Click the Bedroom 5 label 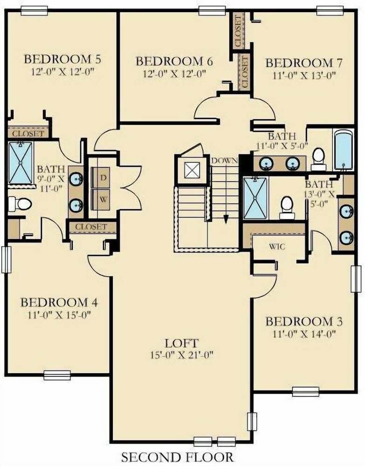pos(62,59)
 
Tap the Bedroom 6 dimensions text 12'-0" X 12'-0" pos(174,74)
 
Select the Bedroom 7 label pos(304,63)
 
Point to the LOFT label pos(182,343)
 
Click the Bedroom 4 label pos(59,302)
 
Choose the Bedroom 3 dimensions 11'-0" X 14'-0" pos(304,334)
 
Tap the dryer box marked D pos(101,178)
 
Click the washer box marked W pos(101,199)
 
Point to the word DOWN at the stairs pos(224,161)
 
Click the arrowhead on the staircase pos(226,219)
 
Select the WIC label pos(277,247)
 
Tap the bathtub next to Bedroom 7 pos(344,150)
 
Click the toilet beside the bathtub pos(318,159)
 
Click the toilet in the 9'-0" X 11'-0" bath pos(20,204)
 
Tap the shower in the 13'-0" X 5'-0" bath pos(255,198)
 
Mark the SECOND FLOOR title pos(178,457)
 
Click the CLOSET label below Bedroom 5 pos(28,133)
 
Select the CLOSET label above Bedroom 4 pos(91,227)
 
